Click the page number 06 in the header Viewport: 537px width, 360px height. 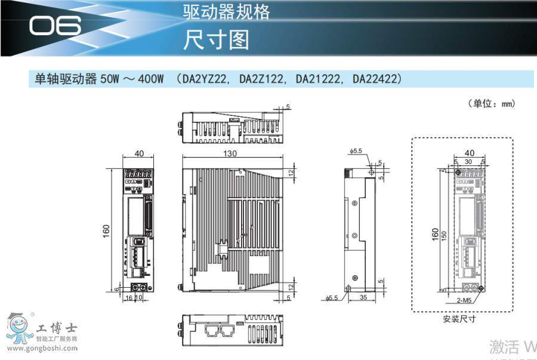point(54,26)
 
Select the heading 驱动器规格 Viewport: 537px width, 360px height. point(226,11)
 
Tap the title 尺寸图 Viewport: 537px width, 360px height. point(215,39)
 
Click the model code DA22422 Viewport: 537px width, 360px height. point(377,79)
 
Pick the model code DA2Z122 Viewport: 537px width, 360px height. point(262,79)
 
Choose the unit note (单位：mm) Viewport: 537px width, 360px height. point(492,103)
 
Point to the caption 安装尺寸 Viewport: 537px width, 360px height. point(459,318)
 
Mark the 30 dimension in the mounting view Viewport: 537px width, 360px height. point(468,161)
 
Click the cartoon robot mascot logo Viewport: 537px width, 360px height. point(18,330)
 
